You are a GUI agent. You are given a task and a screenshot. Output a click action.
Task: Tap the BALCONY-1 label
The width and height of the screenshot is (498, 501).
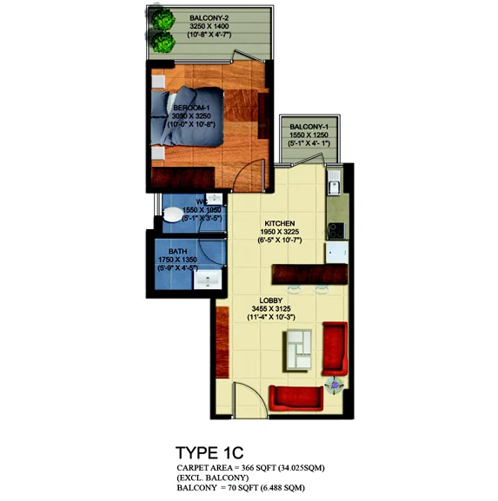coord(308,126)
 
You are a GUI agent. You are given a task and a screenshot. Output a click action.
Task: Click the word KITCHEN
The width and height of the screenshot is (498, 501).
coord(282,222)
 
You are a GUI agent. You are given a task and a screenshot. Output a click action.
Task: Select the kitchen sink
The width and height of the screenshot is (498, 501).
coord(332,183)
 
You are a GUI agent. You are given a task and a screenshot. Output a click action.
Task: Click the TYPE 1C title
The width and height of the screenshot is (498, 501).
coord(209,452)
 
